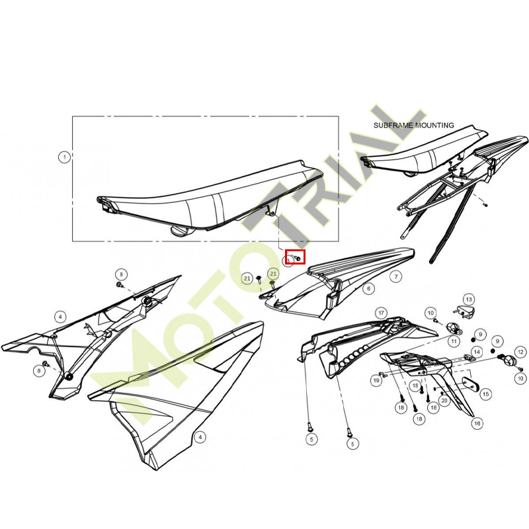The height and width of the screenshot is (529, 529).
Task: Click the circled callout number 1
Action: (x=64, y=157)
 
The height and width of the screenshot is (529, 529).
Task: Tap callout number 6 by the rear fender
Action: (x=369, y=288)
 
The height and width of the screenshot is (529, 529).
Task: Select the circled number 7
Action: (x=396, y=277)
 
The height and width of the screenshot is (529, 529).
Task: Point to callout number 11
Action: (x=454, y=341)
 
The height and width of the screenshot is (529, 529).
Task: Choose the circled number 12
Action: (x=520, y=352)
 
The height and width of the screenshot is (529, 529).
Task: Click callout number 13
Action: (x=469, y=300)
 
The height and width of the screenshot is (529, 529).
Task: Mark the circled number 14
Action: (x=477, y=352)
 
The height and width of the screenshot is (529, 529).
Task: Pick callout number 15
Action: (x=486, y=393)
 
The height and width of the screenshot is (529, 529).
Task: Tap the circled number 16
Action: (x=477, y=423)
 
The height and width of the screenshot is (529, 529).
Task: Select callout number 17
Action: (x=382, y=313)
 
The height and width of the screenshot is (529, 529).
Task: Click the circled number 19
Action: (x=376, y=381)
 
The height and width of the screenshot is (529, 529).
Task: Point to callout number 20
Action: (x=444, y=401)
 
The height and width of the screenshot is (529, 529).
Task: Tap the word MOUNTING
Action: (x=434, y=125)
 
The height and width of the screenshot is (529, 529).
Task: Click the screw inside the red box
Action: (x=298, y=258)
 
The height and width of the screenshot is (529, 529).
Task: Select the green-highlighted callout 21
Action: (x=273, y=274)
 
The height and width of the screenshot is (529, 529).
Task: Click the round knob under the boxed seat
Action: (x=180, y=231)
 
